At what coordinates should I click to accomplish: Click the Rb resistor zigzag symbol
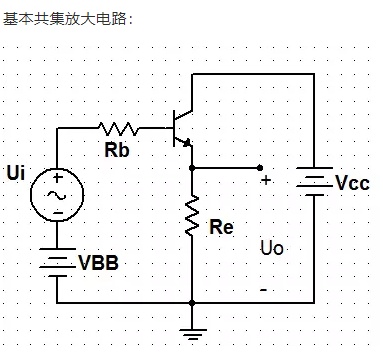118,129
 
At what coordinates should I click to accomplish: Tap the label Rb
117,150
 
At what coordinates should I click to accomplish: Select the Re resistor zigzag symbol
192,216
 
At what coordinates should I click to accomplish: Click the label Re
221,227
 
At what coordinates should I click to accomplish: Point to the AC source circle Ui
57,195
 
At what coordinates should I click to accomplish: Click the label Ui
16,173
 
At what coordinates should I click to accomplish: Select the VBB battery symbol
57,262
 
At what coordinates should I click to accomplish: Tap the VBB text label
98,263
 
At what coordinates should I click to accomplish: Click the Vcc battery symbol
314,181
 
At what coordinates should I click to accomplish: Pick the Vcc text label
352,183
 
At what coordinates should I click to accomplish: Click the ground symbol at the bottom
192,334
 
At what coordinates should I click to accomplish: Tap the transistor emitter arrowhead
187,143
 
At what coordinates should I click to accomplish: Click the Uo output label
272,248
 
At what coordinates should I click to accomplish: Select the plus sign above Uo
266,180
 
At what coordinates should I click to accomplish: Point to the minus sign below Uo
263,290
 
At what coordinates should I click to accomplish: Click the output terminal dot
260,168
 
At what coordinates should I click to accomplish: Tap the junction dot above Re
192,168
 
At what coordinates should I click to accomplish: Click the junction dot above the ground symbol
192,303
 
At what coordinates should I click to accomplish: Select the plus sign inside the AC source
57,178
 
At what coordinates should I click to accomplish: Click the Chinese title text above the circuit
68,19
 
